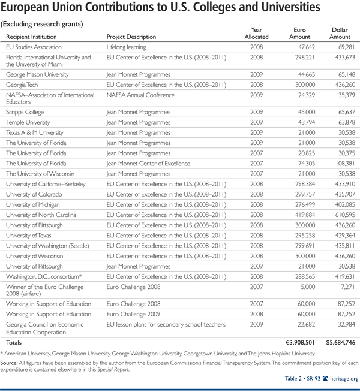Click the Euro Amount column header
point(302,33)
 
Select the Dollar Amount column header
point(340,33)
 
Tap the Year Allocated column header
point(257,33)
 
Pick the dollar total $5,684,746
point(335,342)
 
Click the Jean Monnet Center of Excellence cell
point(148,164)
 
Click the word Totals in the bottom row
point(14,342)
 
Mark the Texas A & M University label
point(35,132)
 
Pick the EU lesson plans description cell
point(166,324)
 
